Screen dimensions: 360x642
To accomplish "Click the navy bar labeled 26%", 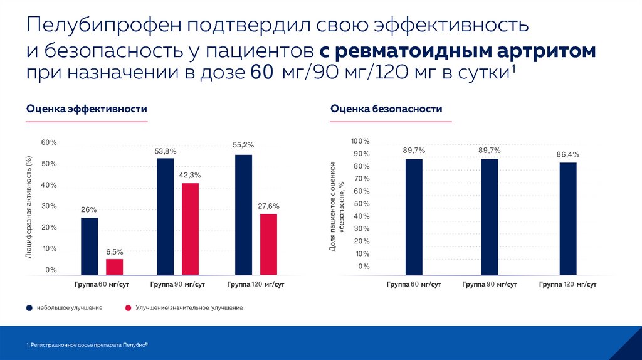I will pyautogui.click(x=90, y=246).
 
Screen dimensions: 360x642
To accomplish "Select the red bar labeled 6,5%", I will pyautogui.click(x=115, y=267).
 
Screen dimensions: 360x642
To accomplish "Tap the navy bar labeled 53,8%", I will pyautogui.click(x=166, y=216).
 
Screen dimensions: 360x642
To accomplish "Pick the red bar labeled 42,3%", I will pyautogui.click(x=190, y=229).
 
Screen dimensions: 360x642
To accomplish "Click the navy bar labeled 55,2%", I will pyautogui.click(x=243, y=214).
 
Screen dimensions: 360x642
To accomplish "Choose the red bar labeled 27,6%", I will pyautogui.click(x=268, y=244).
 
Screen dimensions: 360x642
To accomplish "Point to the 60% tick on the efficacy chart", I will pyautogui.click(x=49, y=142).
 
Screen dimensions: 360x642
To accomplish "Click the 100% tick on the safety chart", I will pyautogui.click(x=360, y=141).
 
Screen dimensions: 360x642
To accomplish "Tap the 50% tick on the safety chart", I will pyautogui.click(x=362, y=204).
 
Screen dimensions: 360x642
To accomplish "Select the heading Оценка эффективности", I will pyautogui.click(x=87, y=109).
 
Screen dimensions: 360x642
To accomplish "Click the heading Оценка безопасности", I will pyautogui.click(x=386, y=109).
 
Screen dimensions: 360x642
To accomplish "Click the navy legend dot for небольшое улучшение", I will pyautogui.click(x=29, y=308).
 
